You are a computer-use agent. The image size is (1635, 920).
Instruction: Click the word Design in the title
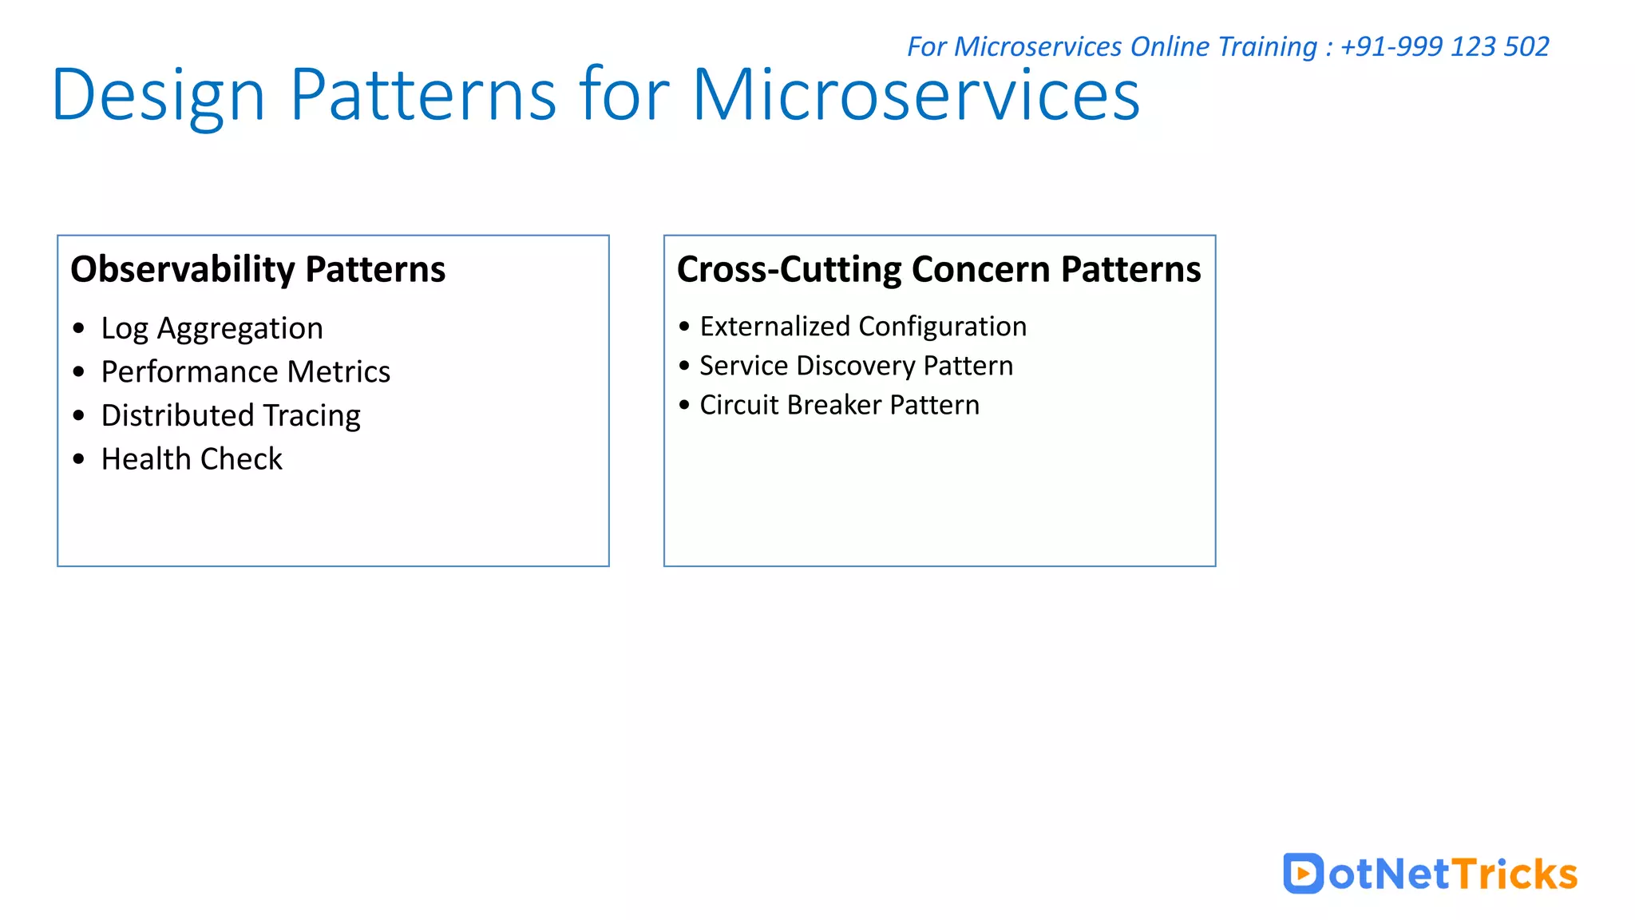tap(157, 96)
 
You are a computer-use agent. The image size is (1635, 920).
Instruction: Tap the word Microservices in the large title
tap(916, 96)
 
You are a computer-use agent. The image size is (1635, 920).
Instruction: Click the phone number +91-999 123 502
tap(1444, 46)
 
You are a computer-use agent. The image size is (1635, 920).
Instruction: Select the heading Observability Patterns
tap(258, 269)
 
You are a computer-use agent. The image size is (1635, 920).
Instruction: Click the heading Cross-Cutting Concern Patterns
tap(938, 269)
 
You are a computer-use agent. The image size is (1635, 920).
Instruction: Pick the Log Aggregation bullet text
tap(212, 328)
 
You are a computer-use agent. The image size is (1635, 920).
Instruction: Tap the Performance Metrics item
tap(245, 372)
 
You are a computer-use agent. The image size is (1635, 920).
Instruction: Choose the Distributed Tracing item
tap(231, 415)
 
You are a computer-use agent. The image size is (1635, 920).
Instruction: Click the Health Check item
tap(192, 459)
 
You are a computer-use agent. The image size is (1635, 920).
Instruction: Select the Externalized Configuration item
tap(863, 327)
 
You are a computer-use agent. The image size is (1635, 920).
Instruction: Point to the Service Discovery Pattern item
tap(856, 366)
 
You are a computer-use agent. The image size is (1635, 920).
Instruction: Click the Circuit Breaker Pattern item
tap(839, 405)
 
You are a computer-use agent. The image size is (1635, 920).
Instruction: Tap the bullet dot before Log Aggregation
tap(78, 328)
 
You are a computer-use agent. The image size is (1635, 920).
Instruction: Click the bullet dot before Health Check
tap(78, 459)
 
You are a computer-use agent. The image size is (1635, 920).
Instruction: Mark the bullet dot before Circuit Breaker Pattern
tap(684, 405)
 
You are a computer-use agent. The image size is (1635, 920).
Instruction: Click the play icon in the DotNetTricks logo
tap(1303, 874)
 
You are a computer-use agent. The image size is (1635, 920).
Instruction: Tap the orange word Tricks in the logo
tap(1514, 874)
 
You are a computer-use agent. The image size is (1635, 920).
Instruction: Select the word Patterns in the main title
tap(423, 96)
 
